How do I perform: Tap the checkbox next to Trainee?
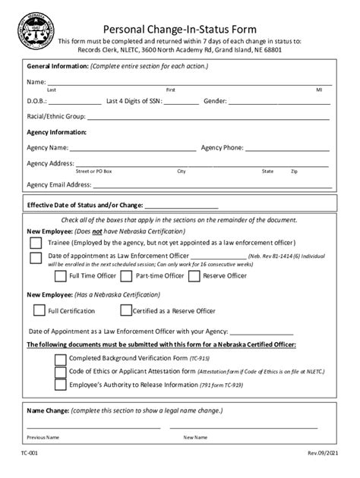coord(36,244)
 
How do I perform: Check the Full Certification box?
coord(38,310)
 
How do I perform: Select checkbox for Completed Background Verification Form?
coord(59,357)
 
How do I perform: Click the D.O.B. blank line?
coord(76,102)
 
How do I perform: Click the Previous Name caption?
coord(43,438)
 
